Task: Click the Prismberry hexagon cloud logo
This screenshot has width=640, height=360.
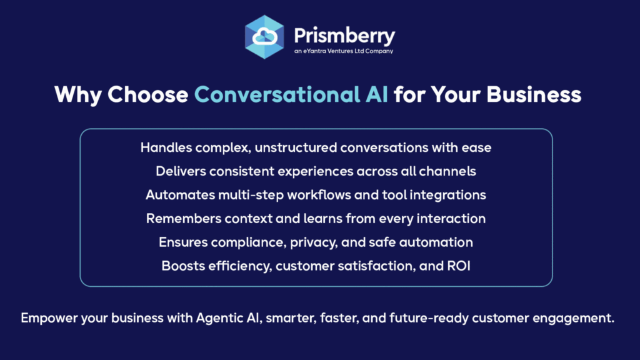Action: [264, 37]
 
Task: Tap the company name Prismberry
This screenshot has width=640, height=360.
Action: [344, 36]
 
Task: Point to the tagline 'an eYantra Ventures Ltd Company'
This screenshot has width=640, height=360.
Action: [344, 51]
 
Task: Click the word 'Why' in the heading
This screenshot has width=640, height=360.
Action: [78, 95]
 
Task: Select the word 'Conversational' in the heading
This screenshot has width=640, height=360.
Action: [277, 94]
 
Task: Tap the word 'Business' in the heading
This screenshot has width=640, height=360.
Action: [534, 94]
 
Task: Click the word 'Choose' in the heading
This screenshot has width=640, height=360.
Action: [147, 94]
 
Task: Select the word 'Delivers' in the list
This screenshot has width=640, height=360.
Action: [181, 171]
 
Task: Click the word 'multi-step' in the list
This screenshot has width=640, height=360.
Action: [251, 195]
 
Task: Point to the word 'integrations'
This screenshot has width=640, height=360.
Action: [447, 195]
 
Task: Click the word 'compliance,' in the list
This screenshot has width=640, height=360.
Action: [249, 242]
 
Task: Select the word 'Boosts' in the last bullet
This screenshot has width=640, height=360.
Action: [183, 266]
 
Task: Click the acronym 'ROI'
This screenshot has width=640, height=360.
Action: [459, 266]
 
